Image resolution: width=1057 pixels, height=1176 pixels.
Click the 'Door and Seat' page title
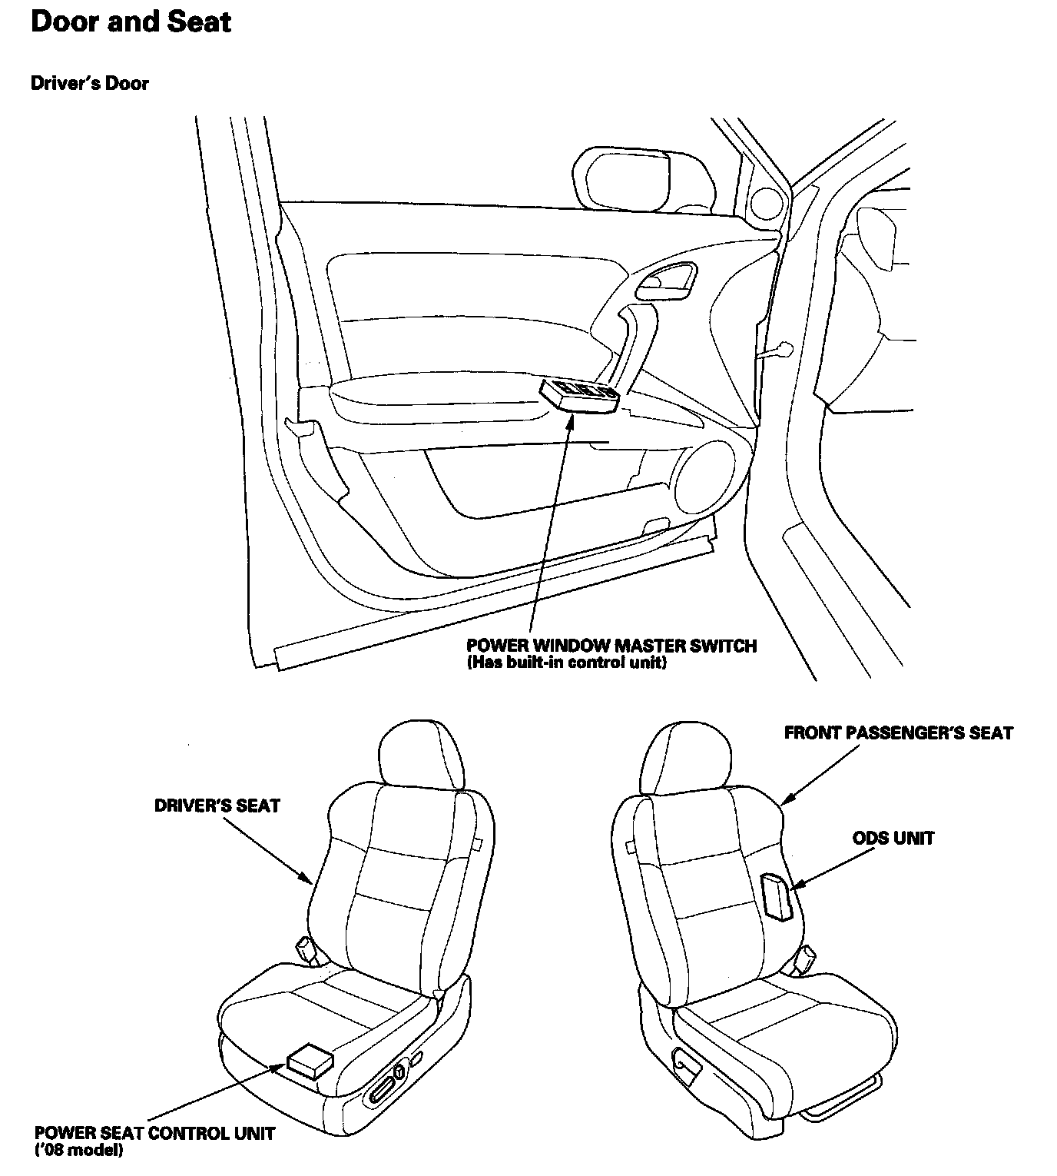coord(131,22)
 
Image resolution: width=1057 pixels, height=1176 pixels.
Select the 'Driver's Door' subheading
coord(90,83)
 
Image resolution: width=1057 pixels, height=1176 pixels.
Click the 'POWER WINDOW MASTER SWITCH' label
coord(611,646)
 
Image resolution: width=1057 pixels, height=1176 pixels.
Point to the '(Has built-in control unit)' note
coord(566,663)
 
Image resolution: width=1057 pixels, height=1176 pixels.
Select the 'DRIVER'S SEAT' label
coord(217,806)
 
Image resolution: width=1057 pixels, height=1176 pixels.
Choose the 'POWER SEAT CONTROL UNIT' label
coord(154,1134)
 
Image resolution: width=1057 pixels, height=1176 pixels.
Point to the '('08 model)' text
coord(79,1151)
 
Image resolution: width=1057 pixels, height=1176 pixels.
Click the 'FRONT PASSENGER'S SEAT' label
coord(898,733)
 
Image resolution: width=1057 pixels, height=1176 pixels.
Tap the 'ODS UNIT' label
coord(893,838)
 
